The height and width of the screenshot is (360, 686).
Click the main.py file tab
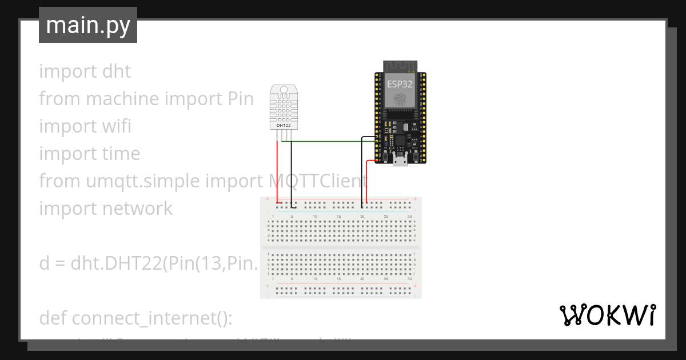pos(87,26)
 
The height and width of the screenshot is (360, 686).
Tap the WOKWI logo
pos(607,315)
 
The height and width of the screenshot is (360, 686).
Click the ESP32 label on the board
pos(400,83)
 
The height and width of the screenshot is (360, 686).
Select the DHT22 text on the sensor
pos(284,125)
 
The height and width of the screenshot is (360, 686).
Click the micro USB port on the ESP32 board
pos(400,162)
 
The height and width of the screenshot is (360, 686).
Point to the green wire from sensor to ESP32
pos(332,141)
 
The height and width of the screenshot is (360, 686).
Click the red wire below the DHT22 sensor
pos(278,171)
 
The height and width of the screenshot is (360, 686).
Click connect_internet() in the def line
pos(151,318)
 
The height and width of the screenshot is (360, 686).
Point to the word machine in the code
pos(122,99)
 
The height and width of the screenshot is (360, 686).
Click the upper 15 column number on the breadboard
pos(338,217)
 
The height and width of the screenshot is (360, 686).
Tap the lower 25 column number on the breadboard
pos(386,279)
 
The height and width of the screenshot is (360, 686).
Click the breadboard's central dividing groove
pos(341,247)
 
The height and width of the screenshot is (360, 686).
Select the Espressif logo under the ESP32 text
pos(400,99)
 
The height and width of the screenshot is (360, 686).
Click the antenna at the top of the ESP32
pos(400,66)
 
